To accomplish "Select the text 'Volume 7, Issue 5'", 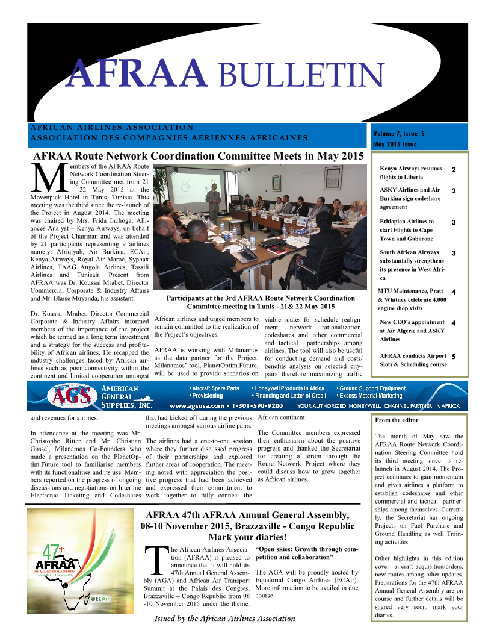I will [398, 132].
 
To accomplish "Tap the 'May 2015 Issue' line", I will [395, 145].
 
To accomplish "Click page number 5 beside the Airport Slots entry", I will [453, 356].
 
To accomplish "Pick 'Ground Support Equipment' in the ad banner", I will [371, 388].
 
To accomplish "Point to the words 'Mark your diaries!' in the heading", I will [247, 537].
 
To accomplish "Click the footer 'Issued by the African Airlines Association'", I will [225, 618].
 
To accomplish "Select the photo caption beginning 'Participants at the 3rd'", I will [259, 302].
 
